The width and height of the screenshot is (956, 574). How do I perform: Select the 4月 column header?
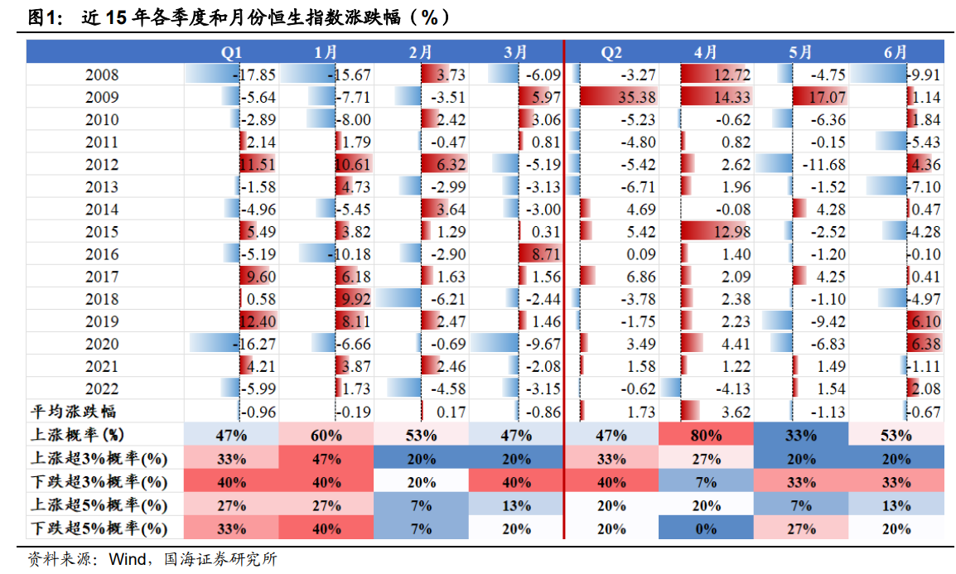click(x=706, y=52)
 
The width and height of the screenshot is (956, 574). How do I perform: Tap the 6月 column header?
click(x=896, y=52)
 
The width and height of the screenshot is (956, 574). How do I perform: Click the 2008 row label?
click(x=102, y=75)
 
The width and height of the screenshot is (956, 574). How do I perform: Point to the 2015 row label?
click(x=102, y=232)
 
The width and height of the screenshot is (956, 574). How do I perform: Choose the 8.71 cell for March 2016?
click(x=543, y=254)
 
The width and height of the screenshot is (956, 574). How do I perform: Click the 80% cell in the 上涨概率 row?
click(x=706, y=435)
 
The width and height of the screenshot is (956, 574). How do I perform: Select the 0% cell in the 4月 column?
click(x=706, y=528)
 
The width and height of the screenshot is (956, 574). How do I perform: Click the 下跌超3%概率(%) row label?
click(x=96, y=482)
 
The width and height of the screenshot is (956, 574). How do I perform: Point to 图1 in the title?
click(x=43, y=16)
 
